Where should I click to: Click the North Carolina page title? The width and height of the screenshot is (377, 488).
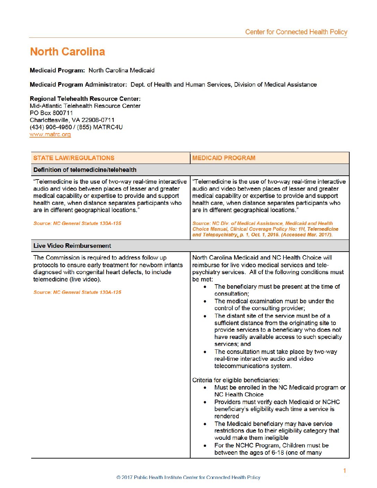pyautogui.click(x=68, y=52)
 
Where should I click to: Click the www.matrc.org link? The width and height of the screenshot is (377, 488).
pyautogui.click(x=50, y=134)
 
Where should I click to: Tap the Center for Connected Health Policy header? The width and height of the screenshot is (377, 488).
pyautogui.click(x=296, y=32)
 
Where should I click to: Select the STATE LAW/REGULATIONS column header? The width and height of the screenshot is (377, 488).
pyautogui.click(x=74, y=158)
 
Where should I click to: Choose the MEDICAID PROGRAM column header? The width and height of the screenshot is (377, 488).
pyautogui.click(x=224, y=158)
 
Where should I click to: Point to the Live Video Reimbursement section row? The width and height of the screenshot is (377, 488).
pyautogui.click(x=72, y=246)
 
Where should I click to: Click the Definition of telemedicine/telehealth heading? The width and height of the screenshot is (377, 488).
pyautogui.click(x=85, y=170)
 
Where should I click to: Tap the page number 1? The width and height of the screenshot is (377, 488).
pyautogui.click(x=344, y=471)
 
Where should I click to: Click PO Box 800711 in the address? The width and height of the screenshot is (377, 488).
pyautogui.click(x=51, y=113)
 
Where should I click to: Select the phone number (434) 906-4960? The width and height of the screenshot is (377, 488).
pyautogui.click(x=51, y=127)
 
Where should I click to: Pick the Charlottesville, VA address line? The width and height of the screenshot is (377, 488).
pyautogui.click(x=72, y=120)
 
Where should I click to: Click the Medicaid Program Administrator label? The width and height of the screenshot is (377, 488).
pyautogui.click(x=78, y=85)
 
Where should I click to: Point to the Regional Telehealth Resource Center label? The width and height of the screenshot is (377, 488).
pyautogui.click(x=85, y=99)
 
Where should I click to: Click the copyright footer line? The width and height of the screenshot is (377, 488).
pyautogui.click(x=188, y=477)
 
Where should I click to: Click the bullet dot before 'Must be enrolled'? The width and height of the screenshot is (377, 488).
pyautogui.click(x=205, y=388)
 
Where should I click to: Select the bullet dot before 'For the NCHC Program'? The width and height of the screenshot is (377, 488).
pyautogui.click(x=205, y=446)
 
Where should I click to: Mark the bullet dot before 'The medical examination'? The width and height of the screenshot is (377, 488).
pyautogui.click(x=205, y=302)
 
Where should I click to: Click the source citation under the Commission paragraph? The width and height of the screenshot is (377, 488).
pyautogui.click(x=77, y=293)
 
